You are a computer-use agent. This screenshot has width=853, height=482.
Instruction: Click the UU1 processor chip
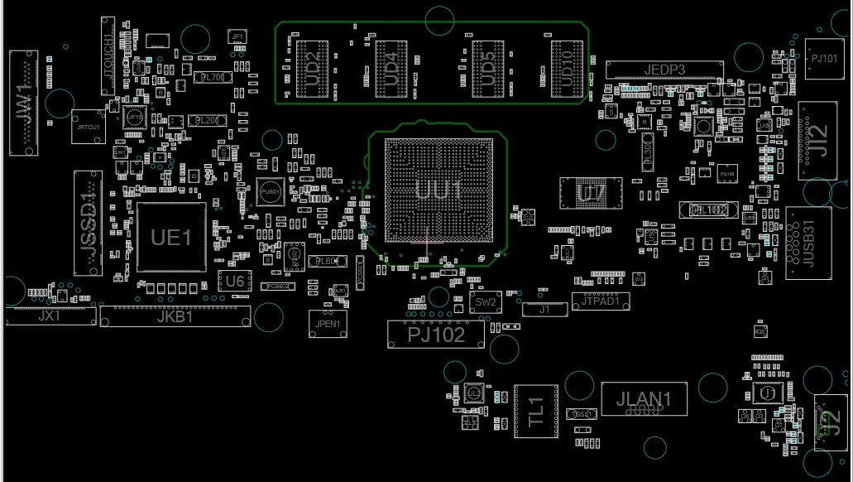click(x=438, y=190)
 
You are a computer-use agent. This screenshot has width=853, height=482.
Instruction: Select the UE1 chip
click(x=171, y=237)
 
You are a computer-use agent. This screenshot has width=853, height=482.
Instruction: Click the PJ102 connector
click(x=436, y=334)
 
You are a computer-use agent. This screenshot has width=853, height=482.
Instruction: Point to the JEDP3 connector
click(x=664, y=70)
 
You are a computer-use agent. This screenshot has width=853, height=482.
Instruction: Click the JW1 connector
click(x=23, y=103)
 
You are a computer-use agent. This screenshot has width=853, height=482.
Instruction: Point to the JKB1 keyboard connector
click(x=175, y=316)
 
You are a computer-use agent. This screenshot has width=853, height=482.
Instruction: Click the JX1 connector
click(x=50, y=316)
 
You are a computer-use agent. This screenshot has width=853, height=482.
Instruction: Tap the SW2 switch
click(x=486, y=302)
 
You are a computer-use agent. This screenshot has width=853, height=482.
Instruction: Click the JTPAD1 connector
click(x=601, y=302)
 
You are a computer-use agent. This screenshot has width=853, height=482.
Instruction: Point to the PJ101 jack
click(x=824, y=59)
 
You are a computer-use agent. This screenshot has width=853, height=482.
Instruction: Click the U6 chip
click(x=235, y=282)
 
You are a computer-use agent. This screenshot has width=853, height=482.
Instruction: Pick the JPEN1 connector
click(x=324, y=323)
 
